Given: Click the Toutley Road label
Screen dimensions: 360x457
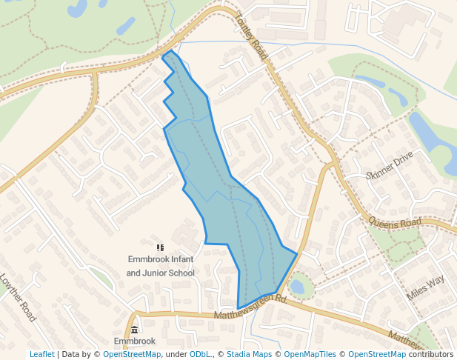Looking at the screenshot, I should pos(252,36).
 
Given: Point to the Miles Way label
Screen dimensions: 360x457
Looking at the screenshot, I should pos(426,287).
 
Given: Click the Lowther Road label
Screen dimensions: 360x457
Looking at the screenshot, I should pos(18,297).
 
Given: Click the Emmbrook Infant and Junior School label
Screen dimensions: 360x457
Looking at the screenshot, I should pos(160,266).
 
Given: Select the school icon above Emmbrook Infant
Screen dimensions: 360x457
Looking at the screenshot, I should pos(160,248).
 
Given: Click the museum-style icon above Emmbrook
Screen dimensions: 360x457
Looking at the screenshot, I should pos(134,330).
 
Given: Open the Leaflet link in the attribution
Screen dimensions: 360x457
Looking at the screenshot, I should pos(41,354).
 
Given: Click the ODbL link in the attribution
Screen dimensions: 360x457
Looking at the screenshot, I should pos(200,354).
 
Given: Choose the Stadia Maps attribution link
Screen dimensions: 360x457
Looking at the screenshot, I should pos(252,354).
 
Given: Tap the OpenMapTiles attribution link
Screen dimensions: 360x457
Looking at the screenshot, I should pos(308,354).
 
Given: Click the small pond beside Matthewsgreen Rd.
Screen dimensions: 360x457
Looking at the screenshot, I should pos(297,286).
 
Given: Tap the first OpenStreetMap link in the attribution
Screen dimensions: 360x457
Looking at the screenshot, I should pos(132,354).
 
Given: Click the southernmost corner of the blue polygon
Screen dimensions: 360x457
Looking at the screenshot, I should pos(238,308).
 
